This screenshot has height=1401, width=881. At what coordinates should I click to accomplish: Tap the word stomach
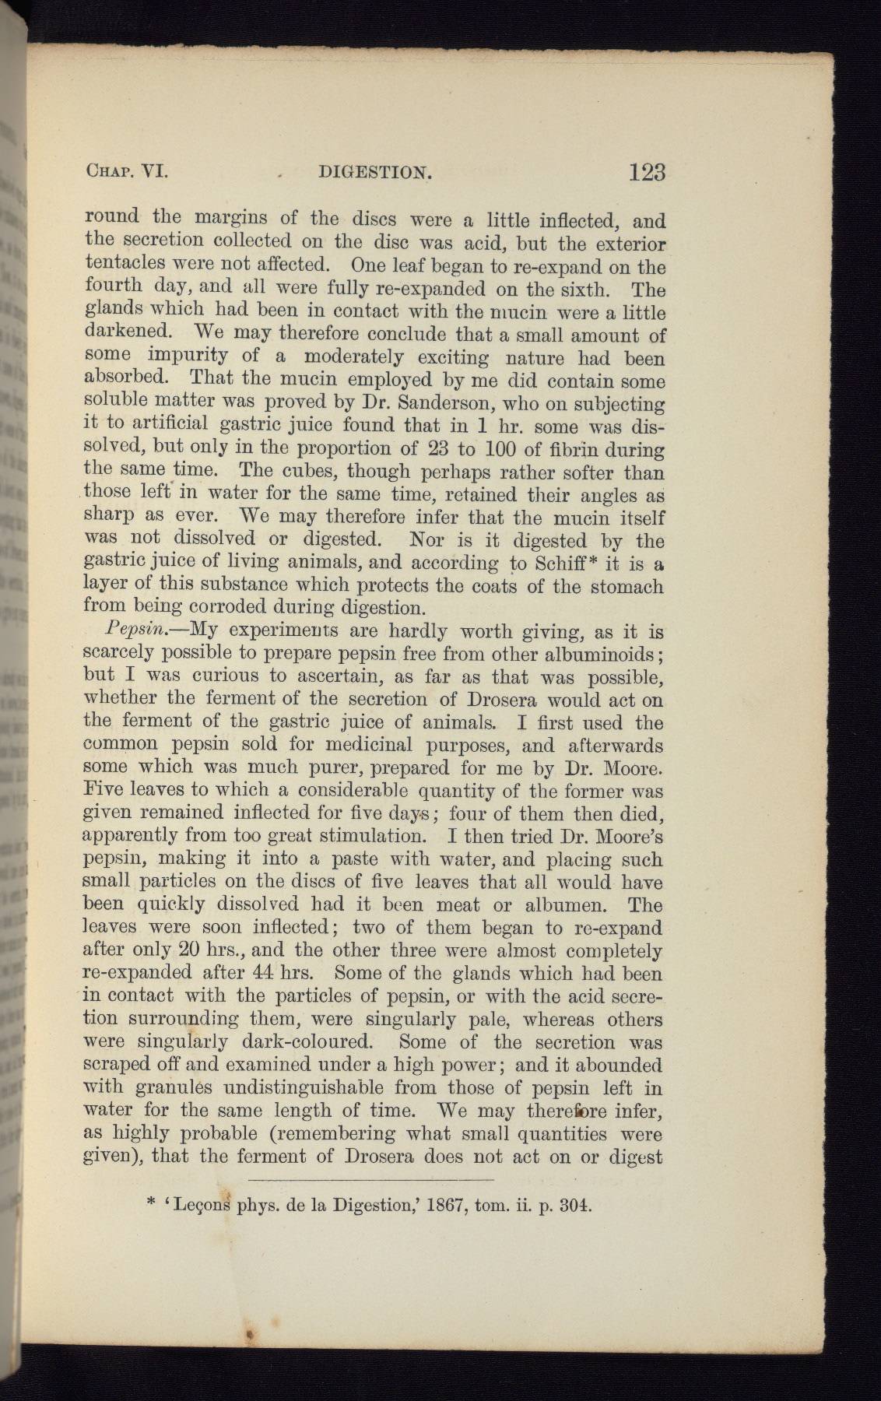coord(626,585)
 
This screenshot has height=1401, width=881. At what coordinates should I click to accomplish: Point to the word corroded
coord(230,607)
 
